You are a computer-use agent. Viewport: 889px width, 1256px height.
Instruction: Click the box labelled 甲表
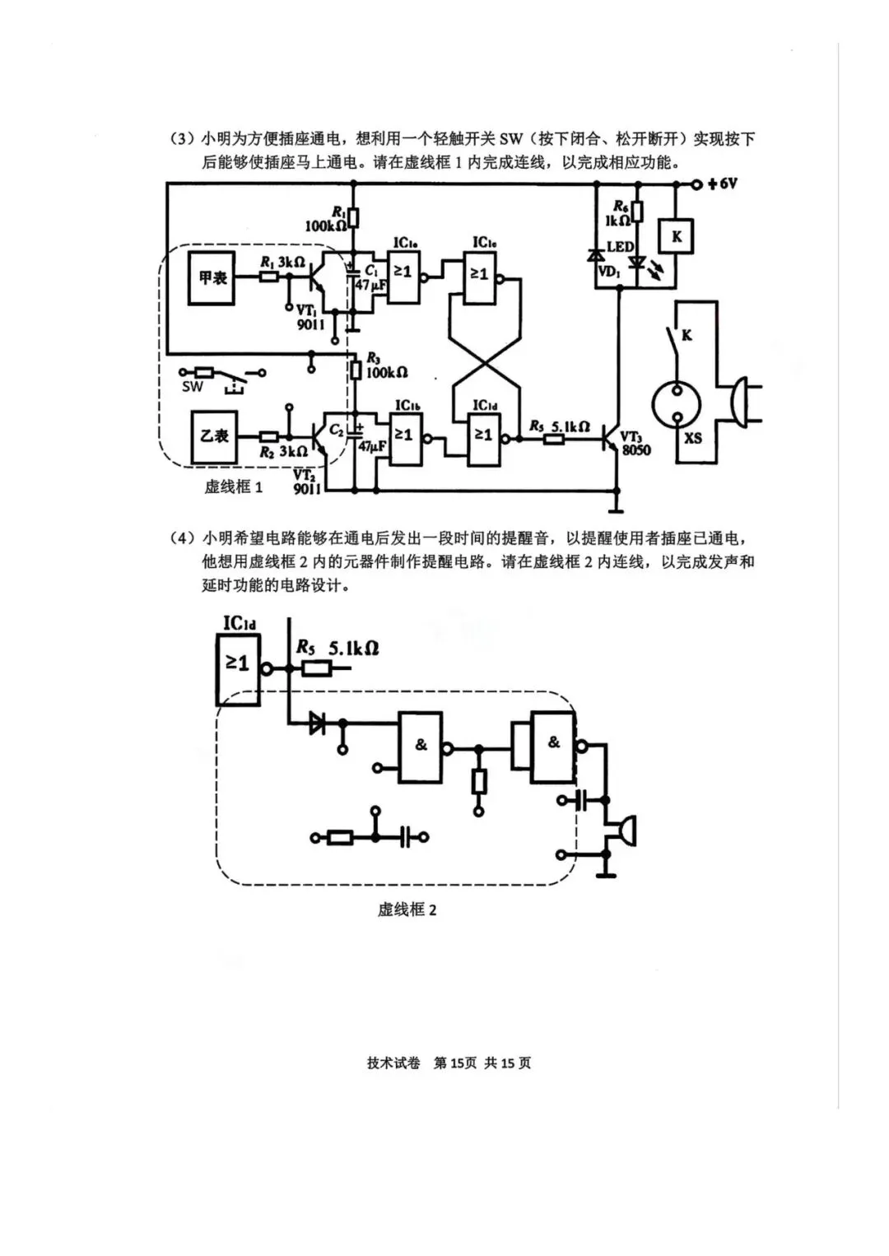click(212, 278)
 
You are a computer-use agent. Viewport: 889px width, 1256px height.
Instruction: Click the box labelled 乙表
click(212, 436)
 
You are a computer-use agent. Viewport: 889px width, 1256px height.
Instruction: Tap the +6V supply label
click(722, 184)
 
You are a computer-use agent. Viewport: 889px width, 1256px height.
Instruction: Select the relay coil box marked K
click(677, 237)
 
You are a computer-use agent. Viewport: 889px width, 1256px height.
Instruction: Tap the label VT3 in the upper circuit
click(631, 437)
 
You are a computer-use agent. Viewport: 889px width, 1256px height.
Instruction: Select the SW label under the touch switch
click(193, 387)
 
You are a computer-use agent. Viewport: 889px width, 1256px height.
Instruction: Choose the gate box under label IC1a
click(403, 275)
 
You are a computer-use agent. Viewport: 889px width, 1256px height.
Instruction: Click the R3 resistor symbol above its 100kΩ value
click(356, 371)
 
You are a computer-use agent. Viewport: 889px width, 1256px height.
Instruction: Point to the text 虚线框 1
click(234, 486)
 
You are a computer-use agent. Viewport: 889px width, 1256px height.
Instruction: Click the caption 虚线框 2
click(407, 909)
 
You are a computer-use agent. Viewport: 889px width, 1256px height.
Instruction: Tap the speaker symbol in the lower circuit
click(623, 832)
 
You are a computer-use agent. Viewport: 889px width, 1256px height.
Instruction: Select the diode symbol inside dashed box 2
click(317, 724)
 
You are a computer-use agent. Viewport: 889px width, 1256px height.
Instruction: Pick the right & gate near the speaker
click(553, 744)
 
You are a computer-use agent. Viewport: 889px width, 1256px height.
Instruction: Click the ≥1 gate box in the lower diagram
click(238, 668)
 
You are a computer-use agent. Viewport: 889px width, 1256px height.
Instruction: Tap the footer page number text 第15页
click(455, 1063)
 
